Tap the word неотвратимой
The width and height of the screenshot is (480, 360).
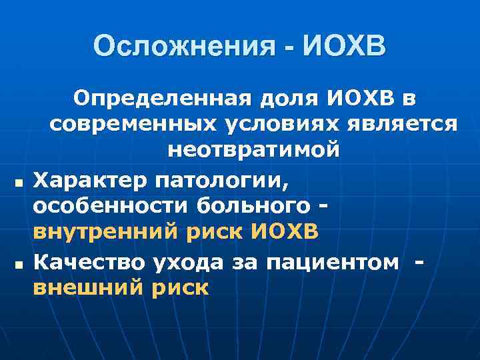tap(253, 149)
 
